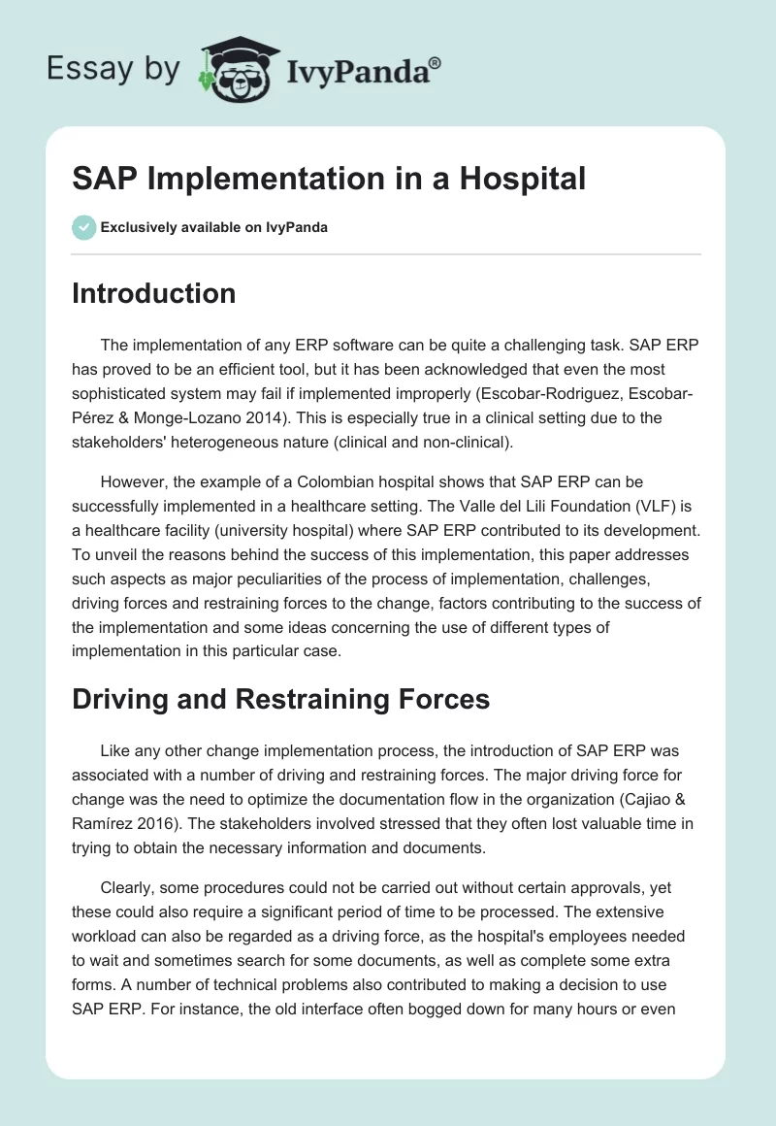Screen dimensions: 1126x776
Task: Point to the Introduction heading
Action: (x=153, y=293)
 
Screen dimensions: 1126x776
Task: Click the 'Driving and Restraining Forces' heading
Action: (x=281, y=699)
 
